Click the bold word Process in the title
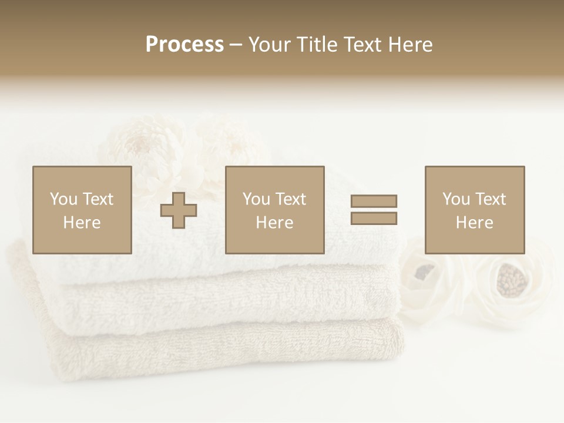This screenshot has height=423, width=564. (x=184, y=45)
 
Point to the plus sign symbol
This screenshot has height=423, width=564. (x=179, y=210)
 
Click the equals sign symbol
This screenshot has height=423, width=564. (x=374, y=210)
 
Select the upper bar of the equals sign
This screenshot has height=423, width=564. (x=374, y=201)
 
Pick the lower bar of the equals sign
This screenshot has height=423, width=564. (x=374, y=218)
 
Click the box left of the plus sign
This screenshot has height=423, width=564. (x=82, y=210)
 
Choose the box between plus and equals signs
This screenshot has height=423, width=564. (x=274, y=210)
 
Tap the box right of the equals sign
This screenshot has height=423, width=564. (x=474, y=210)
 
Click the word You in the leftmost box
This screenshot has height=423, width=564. (x=63, y=199)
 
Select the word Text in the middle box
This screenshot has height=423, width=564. (x=290, y=199)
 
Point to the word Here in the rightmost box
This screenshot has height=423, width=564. (x=474, y=223)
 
